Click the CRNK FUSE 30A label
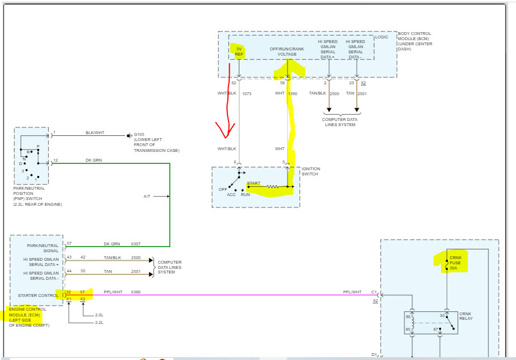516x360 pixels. pyautogui.click(x=455, y=263)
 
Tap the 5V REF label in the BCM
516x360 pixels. pyautogui.click(x=239, y=52)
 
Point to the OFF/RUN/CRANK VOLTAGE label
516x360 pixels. pyautogui.click(x=287, y=52)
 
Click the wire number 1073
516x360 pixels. pyautogui.click(x=247, y=93)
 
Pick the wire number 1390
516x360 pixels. pyautogui.click(x=293, y=93)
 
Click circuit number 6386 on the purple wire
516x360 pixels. pyautogui.click(x=136, y=292)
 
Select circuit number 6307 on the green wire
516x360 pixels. pyautogui.click(x=136, y=244)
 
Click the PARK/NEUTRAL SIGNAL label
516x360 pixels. pyautogui.click(x=43, y=248)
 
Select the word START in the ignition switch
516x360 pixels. pyautogui.click(x=254, y=183)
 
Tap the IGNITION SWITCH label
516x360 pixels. pyautogui.click(x=310, y=171)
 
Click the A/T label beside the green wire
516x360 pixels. pyautogui.click(x=147, y=196)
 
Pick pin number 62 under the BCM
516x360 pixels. pyautogui.click(x=234, y=83)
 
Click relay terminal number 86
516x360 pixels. pyautogui.click(x=408, y=316)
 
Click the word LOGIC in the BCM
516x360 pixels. pyautogui.click(x=381, y=37)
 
